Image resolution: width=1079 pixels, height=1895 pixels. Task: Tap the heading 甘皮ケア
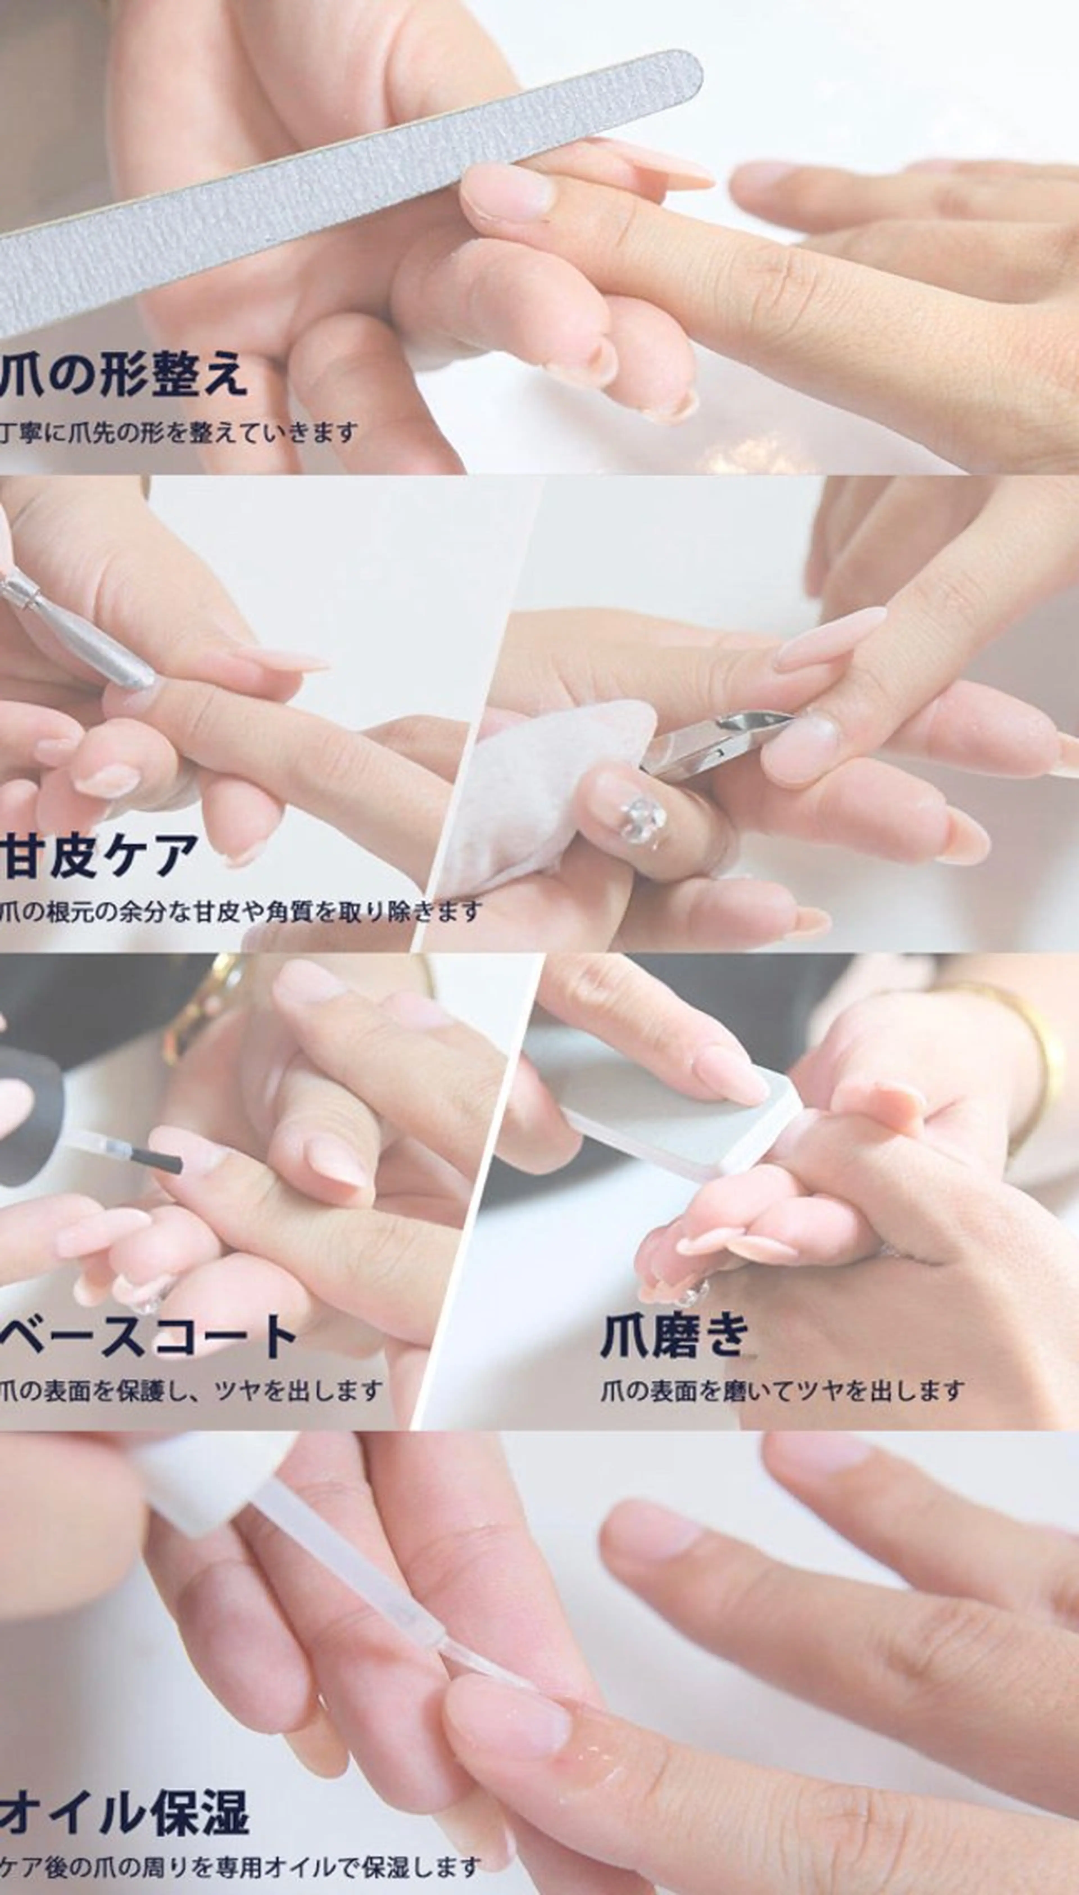100,854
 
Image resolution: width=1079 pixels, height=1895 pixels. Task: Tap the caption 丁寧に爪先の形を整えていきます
178,432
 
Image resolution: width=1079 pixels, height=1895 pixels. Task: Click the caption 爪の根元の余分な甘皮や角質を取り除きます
241,911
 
